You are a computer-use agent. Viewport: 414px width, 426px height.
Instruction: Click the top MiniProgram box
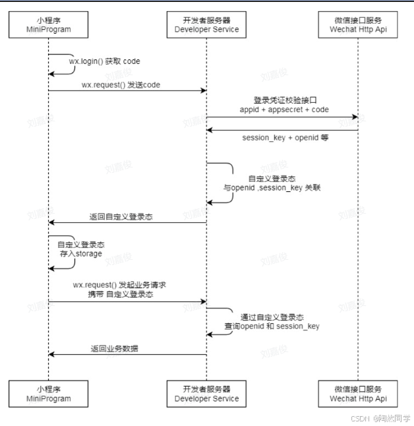[49, 24]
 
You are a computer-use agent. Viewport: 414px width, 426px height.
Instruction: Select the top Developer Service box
[206, 24]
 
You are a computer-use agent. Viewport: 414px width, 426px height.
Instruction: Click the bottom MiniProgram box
[49, 394]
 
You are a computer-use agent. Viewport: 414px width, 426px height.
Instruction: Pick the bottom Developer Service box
[206, 394]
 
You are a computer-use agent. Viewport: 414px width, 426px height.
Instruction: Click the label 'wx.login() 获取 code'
[105, 61]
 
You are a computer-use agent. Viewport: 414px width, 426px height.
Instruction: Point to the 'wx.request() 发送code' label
[121, 85]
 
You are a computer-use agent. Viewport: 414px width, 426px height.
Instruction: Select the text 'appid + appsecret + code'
[284, 110]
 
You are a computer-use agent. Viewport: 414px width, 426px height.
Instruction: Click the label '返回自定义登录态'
[121, 216]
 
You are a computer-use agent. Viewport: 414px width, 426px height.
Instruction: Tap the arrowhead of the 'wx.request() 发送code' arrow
[203, 91]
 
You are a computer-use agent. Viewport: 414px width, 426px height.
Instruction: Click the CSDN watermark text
[380, 418]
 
